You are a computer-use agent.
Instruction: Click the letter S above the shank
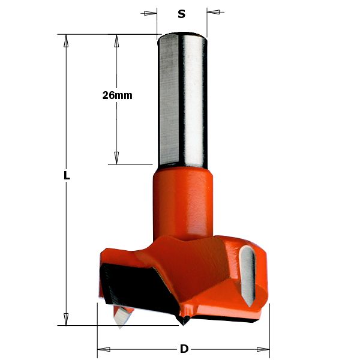(x=181, y=13)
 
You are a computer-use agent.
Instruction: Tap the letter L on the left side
(x=67, y=176)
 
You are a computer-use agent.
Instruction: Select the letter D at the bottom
(x=184, y=349)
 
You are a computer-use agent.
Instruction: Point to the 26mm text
(x=117, y=95)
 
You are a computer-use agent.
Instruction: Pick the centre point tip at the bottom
(x=182, y=322)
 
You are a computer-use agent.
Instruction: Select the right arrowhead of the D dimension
(x=263, y=349)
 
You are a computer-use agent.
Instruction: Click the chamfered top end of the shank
(x=182, y=36)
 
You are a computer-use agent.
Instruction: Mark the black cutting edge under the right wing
(x=240, y=319)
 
